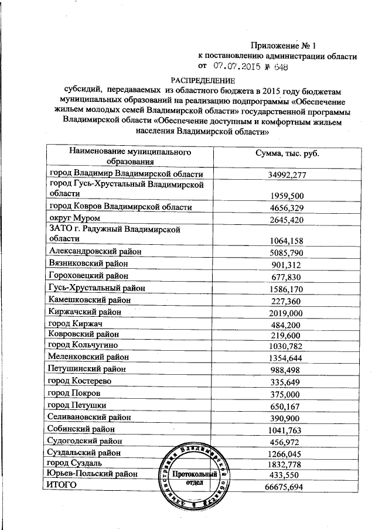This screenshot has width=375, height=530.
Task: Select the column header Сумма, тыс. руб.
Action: pos(287,153)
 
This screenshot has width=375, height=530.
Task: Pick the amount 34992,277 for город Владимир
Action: pos(287,175)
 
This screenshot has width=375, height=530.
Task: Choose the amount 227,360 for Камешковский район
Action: pos(287,300)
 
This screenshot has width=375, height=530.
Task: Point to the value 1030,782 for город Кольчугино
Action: pos(287,346)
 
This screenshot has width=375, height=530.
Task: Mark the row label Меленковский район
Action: pos(88,357)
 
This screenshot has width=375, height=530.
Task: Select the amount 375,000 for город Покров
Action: pos(287,393)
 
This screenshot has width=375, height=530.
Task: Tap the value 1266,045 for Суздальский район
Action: pos(287,453)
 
